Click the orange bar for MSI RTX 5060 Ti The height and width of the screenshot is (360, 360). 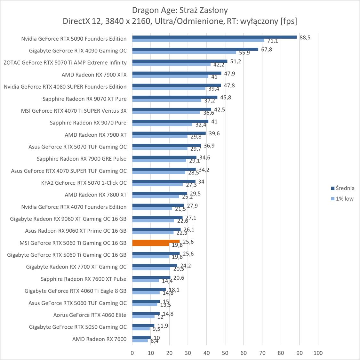tap(156, 241)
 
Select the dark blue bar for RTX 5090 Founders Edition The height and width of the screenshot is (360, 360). tap(214, 37)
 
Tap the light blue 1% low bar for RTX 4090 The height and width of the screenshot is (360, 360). tap(184, 52)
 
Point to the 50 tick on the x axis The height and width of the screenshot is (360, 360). tap(225, 353)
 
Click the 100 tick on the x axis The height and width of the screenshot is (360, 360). tap(318, 353)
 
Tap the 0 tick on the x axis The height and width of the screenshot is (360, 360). tap(132, 353)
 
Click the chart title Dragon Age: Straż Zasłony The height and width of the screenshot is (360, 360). tap(180, 10)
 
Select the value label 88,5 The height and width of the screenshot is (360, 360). tap(305, 37)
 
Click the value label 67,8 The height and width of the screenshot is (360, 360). tap(267, 49)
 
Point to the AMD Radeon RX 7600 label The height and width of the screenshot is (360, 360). tap(99, 339)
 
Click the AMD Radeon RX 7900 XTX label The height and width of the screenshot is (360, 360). tap(94, 75)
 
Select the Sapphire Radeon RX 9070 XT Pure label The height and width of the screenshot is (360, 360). tap(84, 99)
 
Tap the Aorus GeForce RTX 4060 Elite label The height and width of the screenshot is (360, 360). tap(90, 315)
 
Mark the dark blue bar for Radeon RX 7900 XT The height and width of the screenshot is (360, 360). tap(169, 133)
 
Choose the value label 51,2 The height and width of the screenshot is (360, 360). tap(236, 61)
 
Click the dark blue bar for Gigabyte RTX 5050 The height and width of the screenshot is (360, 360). tap(143, 325)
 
